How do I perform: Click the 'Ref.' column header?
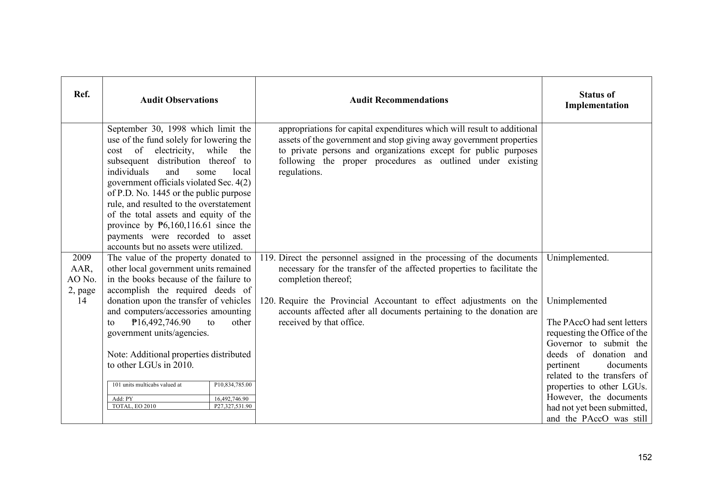[x=82, y=95]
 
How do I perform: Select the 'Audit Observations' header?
[x=179, y=100]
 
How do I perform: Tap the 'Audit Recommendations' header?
[x=399, y=100]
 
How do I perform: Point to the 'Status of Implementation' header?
[x=597, y=100]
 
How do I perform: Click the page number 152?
[x=645, y=457]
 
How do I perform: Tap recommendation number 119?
[x=267, y=258]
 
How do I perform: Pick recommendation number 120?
[x=267, y=301]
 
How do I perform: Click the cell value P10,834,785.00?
[x=233, y=385]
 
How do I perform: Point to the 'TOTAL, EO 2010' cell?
[x=134, y=406]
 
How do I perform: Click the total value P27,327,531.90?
[x=233, y=406]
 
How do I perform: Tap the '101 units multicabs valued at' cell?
[x=147, y=385]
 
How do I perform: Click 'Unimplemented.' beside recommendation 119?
[x=578, y=258]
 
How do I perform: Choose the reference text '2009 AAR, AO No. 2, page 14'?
[x=82, y=279]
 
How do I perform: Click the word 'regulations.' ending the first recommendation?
[x=300, y=172]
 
